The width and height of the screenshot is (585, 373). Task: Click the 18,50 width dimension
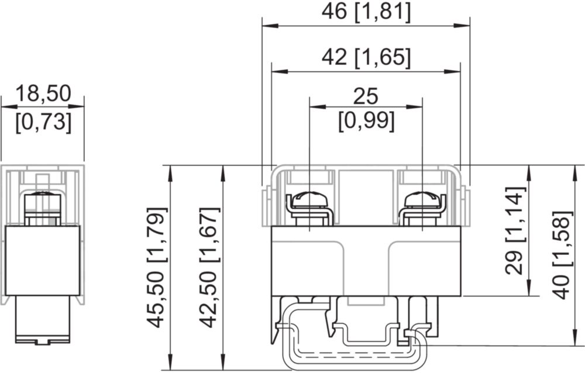pyautogui.click(x=43, y=94)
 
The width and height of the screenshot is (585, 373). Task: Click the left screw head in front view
pyautogui.click(x=309, y=200)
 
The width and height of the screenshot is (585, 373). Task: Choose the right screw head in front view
pyautogui.click(x=422, y=200)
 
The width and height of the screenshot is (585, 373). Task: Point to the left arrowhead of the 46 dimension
pyautogui.click(x=270, y=26)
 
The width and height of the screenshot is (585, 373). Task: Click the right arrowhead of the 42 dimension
pyautogui.click(x=452, y=71)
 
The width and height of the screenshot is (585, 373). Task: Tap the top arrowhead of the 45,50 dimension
pyautogui.click(x=170, y=173)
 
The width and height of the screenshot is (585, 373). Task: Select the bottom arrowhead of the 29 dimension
pyautogui.click(x=530, y=288)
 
